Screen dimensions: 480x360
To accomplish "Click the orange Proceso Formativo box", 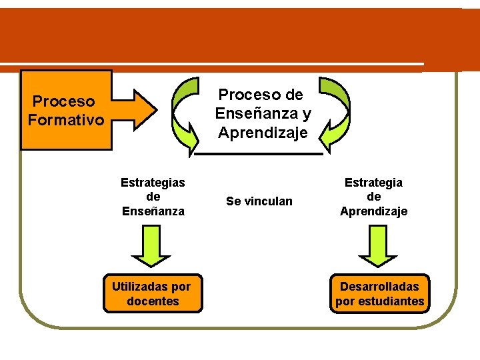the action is click(66, 110).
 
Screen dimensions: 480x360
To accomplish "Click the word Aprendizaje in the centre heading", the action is click(263, 133).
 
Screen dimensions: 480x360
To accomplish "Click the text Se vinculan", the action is click(259, 201).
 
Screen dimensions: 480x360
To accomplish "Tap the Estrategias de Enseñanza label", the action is click(153, 197).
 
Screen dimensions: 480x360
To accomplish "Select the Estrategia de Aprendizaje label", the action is click(373, 197).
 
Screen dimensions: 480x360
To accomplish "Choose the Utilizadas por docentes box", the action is click(152, 293).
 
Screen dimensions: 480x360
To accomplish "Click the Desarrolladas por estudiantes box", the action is click(379, 293).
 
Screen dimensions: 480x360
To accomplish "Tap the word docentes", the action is click(153, 301).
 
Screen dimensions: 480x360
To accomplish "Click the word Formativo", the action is click(66, 120).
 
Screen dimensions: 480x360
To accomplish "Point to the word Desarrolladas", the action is click(379, 286).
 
